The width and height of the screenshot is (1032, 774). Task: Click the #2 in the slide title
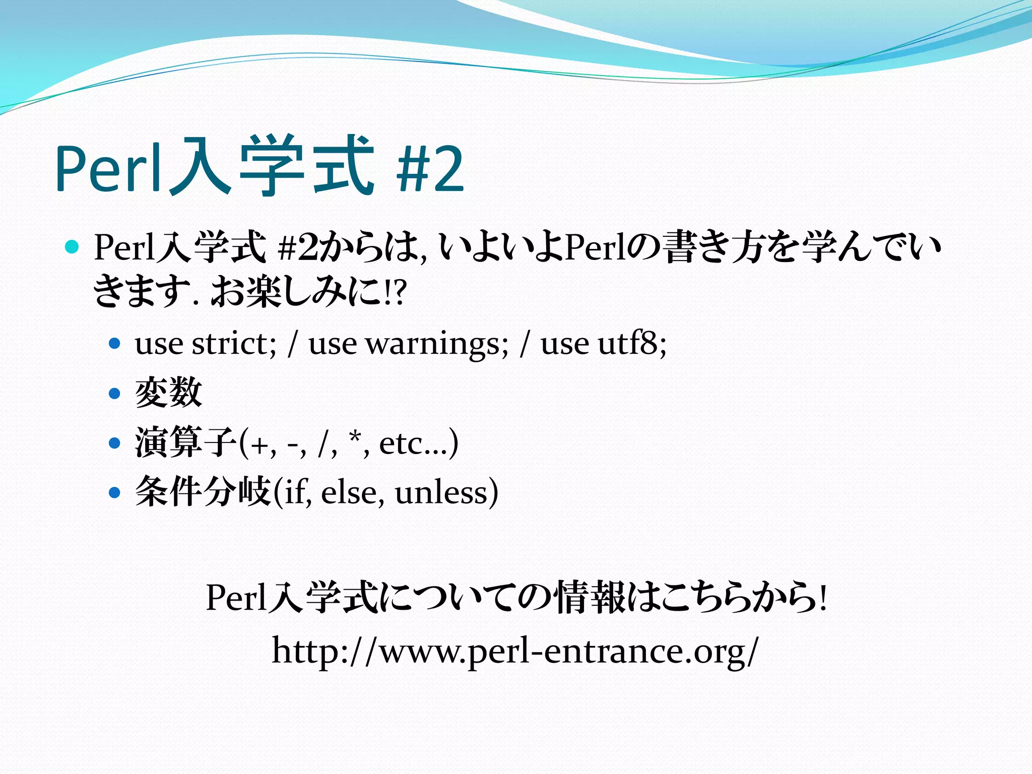(x=430, y=168)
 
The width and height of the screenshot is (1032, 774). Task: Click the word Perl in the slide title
(x=110, y=168)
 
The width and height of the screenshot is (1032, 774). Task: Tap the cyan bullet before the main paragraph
(x=73, y=247)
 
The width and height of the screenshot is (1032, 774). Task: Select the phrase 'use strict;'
(x=206, y=344)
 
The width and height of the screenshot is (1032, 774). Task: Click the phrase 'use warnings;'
(x=409, y=344)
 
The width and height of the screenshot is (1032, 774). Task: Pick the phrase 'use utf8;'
(x=603, y=344)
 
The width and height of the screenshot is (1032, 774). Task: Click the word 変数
(x=168, y=393)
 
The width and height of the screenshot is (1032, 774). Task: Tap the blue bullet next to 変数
(x=115, y=393)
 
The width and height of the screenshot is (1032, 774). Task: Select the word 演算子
(x=185, y=442)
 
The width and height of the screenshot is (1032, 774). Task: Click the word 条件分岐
(x=203, y=492)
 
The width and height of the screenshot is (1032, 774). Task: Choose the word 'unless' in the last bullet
(x=441, y=492)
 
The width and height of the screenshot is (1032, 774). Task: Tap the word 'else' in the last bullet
(x=349, y=492)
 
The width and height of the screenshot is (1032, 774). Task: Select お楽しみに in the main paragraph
(x=296, y=293)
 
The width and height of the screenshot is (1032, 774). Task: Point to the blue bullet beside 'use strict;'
(x=115, y=344)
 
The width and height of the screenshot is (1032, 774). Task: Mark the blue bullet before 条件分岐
(x=115, y=492)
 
